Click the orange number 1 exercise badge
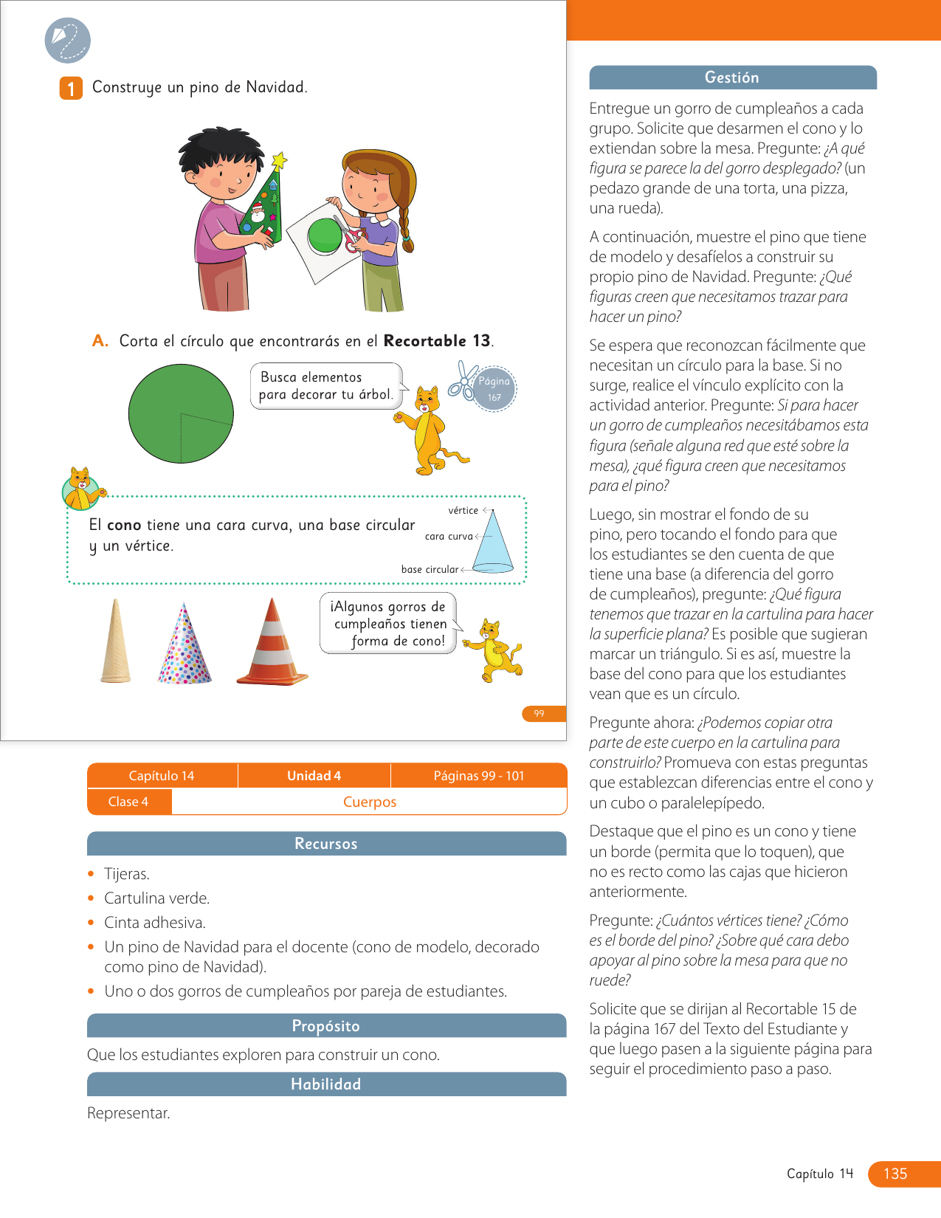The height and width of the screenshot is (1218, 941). click(71, 89)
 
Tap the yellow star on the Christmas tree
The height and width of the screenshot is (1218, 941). click(279, 160)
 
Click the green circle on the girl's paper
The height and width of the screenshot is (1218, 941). click(325, 236)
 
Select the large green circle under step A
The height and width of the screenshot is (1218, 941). click(181, 413)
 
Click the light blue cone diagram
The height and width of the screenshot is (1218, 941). click(493, 543)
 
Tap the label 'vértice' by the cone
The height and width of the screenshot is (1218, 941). click(463, 511)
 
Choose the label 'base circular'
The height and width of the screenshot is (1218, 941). click(430, 569)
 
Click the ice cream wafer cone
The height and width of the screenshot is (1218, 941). click(116, 641)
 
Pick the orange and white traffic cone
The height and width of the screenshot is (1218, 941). click(272, 643)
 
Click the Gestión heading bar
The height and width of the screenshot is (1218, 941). click(732, 78)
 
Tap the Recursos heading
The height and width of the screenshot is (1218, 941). click(326, 844)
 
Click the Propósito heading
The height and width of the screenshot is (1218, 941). click(326, 1026)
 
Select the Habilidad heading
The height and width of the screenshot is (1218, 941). click(326, 1084)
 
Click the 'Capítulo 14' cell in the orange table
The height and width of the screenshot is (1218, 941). click(162, 776)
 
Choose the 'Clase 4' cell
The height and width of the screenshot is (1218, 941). click(128, 802)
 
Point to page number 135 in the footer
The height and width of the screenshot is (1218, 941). click(895, 1174)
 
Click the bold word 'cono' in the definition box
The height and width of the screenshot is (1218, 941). click(124, 525)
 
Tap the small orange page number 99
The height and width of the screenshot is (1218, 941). click(540, 714)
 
